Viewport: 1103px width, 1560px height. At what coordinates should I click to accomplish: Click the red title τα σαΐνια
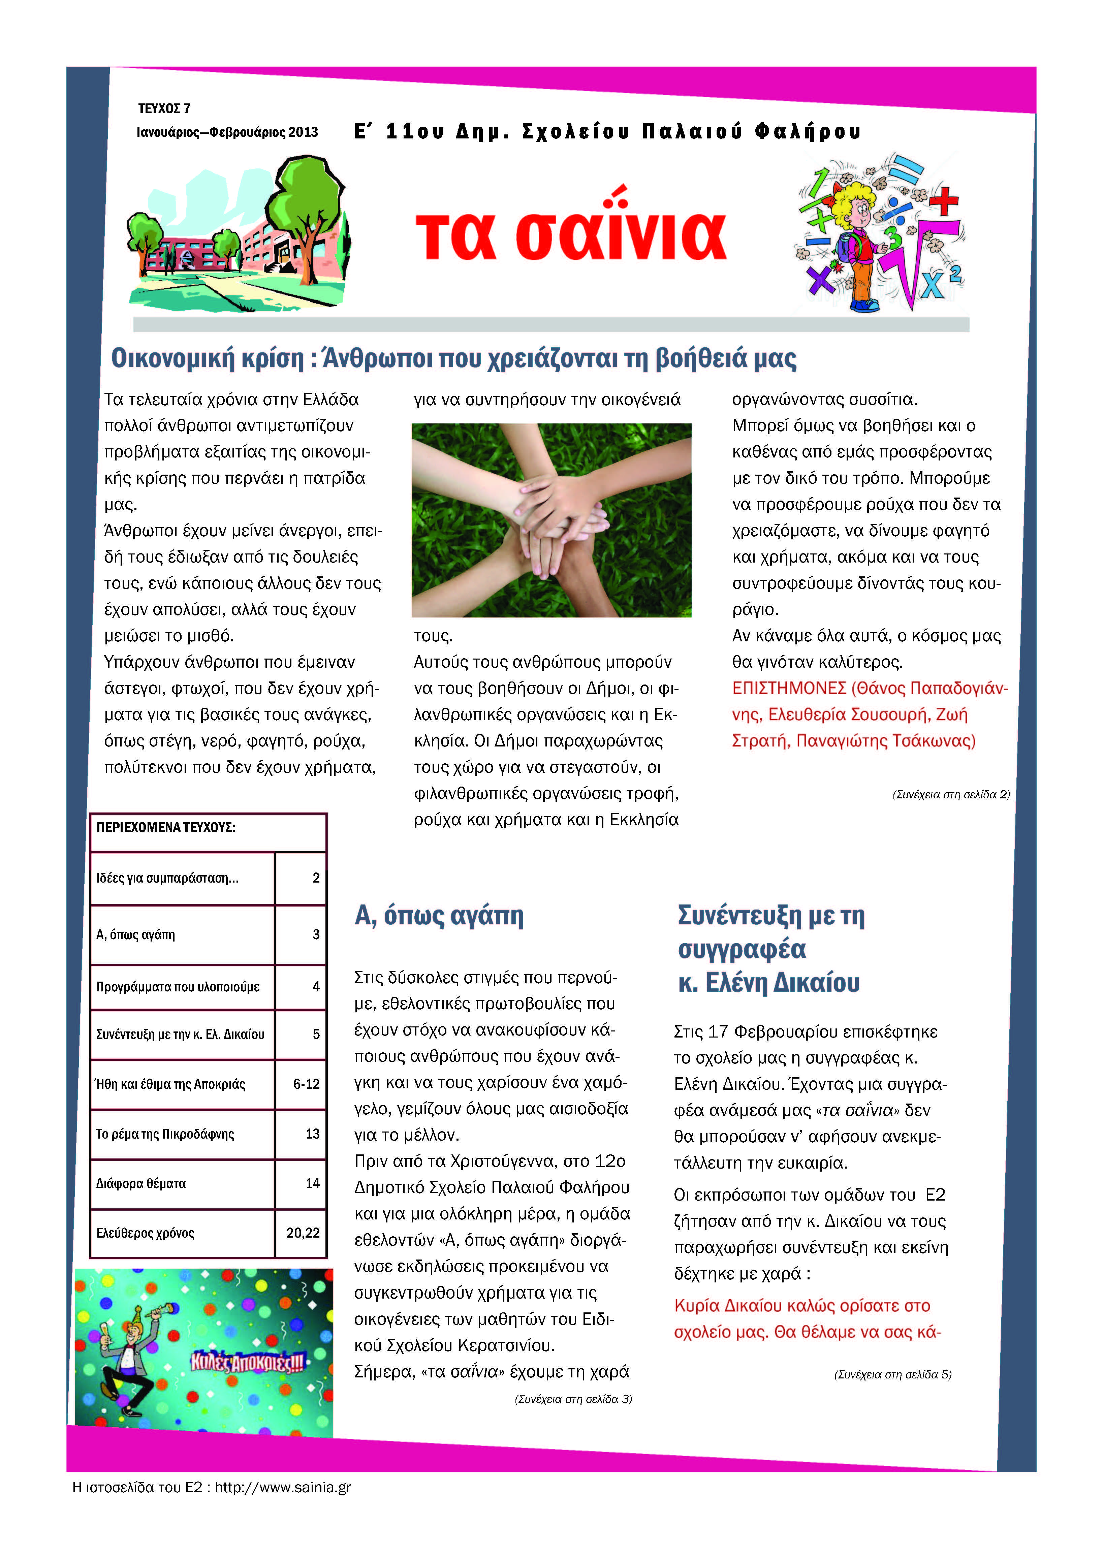pos(571,234)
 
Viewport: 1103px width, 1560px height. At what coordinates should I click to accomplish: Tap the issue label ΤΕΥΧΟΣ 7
pos(164,109)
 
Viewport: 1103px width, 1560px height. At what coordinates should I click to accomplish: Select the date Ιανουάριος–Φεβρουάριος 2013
pos(227,132)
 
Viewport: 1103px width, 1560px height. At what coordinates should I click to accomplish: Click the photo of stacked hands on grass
pos(551,520)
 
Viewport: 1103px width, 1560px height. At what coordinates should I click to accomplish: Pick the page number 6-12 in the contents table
pos(306,1084)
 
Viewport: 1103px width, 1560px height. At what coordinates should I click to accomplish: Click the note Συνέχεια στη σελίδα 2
pos(951,794)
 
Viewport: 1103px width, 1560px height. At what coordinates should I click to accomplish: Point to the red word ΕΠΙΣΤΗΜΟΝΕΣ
pos(788,688)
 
